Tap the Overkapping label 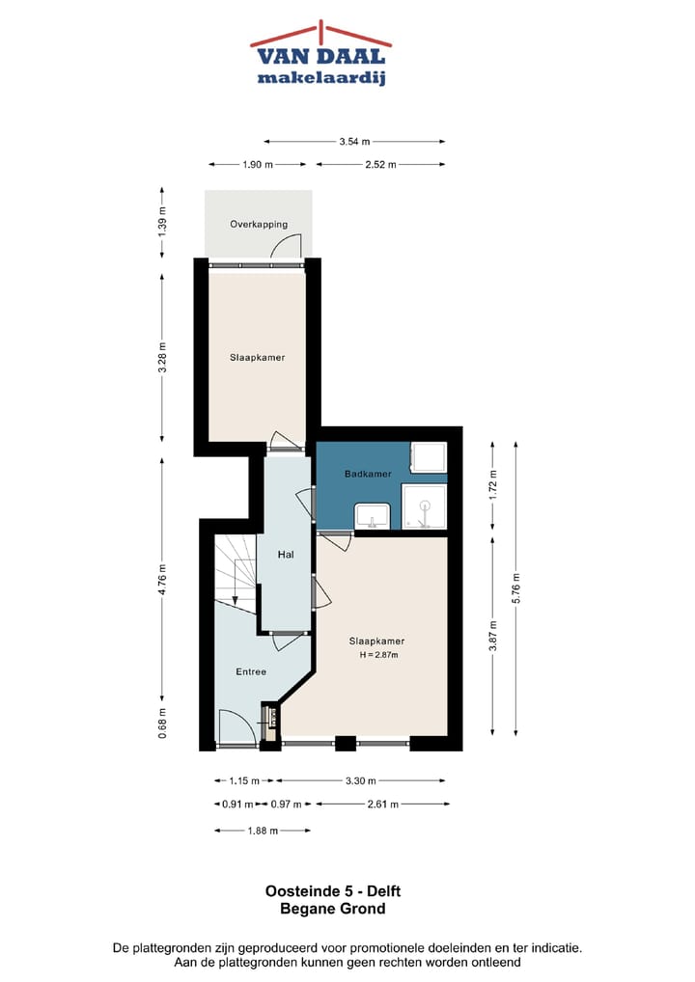click(x=258, y=225)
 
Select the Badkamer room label click(x=368, y=474)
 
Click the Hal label click(x=285, y=555)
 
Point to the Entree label click(x=251, y=671)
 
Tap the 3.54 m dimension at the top click(x=354, y=142)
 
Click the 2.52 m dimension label click(x=381, y=165)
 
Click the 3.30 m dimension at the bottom click(x=360, y=780)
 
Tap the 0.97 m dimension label click(x=287, y=804)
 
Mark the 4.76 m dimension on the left click(x=162, y=581)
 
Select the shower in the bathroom click(x=425, y=507)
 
